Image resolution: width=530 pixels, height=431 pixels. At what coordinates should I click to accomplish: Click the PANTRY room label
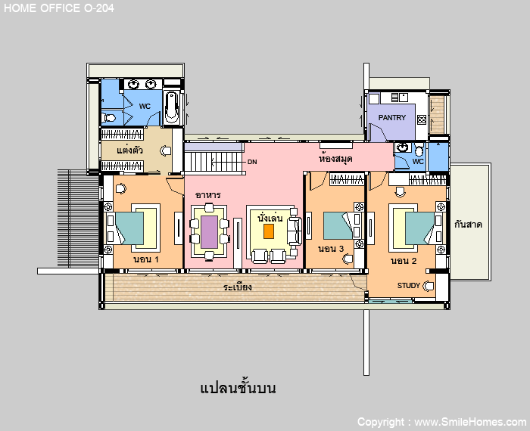tap(391, 117)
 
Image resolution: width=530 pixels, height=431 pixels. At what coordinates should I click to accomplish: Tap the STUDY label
tap(408, 286)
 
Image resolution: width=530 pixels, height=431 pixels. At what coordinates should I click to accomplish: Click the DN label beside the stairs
tap(252, 162)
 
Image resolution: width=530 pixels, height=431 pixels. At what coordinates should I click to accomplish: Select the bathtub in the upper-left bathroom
tap(172, 107)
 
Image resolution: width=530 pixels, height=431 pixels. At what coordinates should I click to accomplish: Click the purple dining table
tap(209, 232)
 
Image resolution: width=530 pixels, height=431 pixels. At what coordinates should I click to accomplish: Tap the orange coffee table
tap(269, 231)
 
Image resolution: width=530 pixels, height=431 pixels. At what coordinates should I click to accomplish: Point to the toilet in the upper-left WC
tap(108, 118)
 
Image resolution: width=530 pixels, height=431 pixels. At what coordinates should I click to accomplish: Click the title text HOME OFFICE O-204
tap(59, 8)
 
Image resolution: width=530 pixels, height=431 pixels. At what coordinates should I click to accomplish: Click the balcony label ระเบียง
tap(237, 287)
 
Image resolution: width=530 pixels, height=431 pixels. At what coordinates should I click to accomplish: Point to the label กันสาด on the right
tap(468, 225)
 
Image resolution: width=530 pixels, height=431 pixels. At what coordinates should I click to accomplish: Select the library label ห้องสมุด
tap(335, 158)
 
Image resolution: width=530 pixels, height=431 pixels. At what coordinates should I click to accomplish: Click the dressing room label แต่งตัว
tap(129, 150)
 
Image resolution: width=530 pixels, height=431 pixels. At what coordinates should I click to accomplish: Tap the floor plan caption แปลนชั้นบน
tap(238, 388)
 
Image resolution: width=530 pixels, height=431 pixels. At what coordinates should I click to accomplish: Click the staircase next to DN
tap(214, 162)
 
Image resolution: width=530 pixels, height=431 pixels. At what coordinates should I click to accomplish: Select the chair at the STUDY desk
tap(429, 286)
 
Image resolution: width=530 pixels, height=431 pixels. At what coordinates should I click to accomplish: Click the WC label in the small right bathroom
tap(418, 161)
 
